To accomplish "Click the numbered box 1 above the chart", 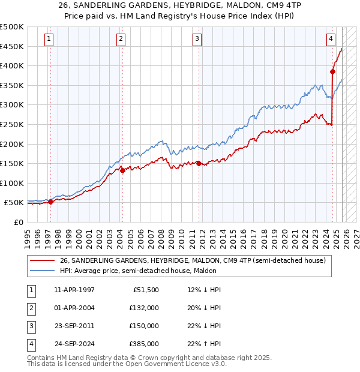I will point(49,40).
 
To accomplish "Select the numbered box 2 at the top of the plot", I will point(121,40).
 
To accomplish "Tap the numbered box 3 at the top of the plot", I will point(197,40).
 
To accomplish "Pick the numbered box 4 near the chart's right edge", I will point(331,40).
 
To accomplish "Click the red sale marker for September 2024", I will point(332,71).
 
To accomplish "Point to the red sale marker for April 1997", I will point(50,202).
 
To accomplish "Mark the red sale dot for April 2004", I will point(122,170).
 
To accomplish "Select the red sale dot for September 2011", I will point(199,163).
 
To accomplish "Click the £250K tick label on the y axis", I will point(12,125).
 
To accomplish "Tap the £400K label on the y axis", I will point(12,66).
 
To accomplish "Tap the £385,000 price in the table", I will point(143,344).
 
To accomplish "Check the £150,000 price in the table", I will point(143,326).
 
